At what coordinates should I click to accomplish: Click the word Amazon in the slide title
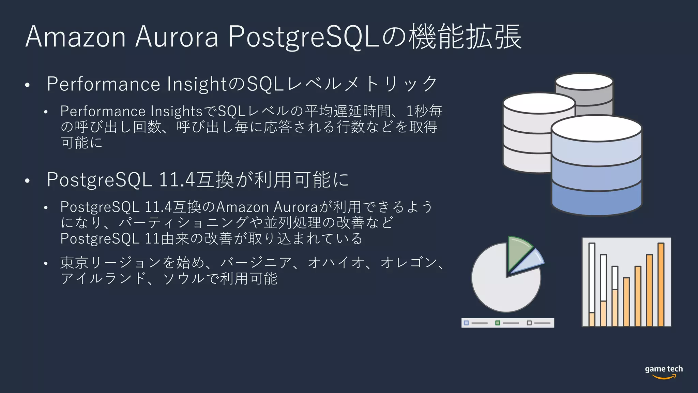tap(76, 37)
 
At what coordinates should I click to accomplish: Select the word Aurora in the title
tap(177, 37)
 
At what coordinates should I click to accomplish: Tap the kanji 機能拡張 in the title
tap(465, 37)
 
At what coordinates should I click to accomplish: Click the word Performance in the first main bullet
tap(103, 84)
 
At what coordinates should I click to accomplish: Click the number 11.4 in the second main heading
tap(177, 180)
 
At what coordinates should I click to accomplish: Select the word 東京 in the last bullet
tap(75, 263)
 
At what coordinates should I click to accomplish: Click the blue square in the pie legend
tap(466, 323)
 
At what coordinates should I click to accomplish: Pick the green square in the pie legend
tap(498, 323)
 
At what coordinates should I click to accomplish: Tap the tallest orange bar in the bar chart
tap(661, 285)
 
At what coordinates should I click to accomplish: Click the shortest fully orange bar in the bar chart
tap(626, 302)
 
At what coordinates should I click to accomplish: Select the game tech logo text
tap(664, 369)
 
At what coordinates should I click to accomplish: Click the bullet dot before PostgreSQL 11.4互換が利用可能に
tap(28, 181)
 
